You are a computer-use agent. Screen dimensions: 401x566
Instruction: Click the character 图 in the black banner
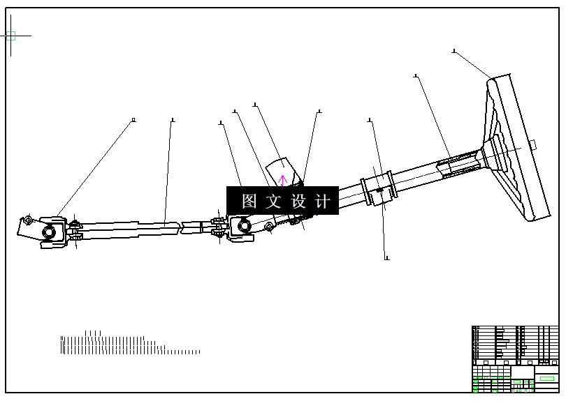pyautogui.click(x=249, y=202)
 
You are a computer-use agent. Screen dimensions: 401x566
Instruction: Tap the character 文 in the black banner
pyautogui.click(x=273, y=202)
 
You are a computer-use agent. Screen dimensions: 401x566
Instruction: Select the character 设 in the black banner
pyautogui.click(x=298, y=202)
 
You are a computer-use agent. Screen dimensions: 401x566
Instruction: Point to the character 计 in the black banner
pyautogui.click(x=322, y=202)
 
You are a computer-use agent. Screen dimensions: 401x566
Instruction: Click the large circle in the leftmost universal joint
pyautogui.click(x=50, y=232)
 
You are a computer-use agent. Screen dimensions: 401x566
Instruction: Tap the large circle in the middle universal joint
pyautogui.click(x=244, y=225)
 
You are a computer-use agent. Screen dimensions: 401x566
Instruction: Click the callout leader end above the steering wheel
pyautogui.click(x=454, y=50)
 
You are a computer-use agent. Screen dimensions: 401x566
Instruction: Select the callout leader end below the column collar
pyautogui.click(x=387, y=259)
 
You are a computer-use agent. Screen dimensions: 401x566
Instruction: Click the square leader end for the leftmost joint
pyautogui.click(x=133, y=120)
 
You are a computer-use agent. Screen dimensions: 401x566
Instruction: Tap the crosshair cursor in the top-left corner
pyautogui.click(x=10, y=35)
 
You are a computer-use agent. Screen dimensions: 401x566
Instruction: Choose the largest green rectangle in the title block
pyautogui.click(x=547, y=378)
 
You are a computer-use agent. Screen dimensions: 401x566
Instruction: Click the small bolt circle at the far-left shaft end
pyautogui.click(x=27, y=222)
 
